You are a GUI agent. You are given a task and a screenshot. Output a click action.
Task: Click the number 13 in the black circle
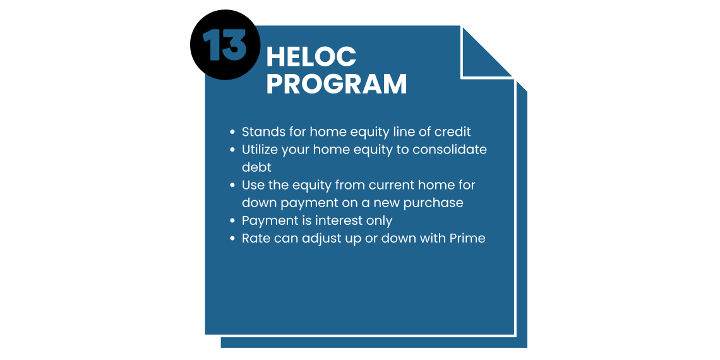(x=225, y=45)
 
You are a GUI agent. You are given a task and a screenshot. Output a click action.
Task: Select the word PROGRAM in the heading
(x=337, y=83)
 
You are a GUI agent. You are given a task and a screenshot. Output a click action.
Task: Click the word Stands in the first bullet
(x=258, y=132)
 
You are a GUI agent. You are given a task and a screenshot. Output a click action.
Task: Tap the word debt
(x=256, y=167)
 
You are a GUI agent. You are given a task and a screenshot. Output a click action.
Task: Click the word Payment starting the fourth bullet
(x=264, y=221)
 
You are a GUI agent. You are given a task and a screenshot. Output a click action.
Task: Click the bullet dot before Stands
(x=233, y=132)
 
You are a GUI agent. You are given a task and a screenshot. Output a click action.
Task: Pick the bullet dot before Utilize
(x=233, y=150)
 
